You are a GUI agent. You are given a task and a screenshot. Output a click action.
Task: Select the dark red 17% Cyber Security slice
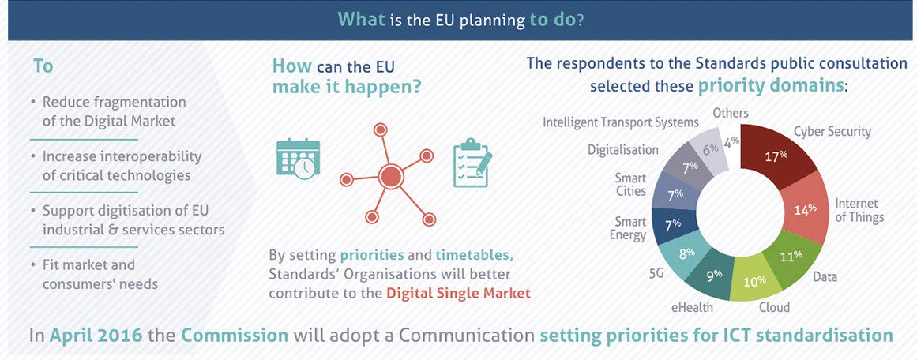[779, 156]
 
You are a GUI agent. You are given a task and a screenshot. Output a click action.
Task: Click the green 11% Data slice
[787, 257]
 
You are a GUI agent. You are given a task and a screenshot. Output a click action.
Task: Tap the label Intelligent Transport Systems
[621, 122]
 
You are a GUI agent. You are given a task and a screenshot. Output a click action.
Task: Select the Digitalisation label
[623, 149]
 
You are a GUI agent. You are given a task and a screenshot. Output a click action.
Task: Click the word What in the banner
[362, 18]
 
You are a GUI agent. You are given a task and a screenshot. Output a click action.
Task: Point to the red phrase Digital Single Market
[458, 293]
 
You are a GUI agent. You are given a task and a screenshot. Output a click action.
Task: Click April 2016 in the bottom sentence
[96, 335]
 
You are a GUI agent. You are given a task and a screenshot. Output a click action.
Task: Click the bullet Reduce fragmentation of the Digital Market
[114, 111]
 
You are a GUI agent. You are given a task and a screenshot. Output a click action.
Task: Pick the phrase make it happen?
[347, 88]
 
